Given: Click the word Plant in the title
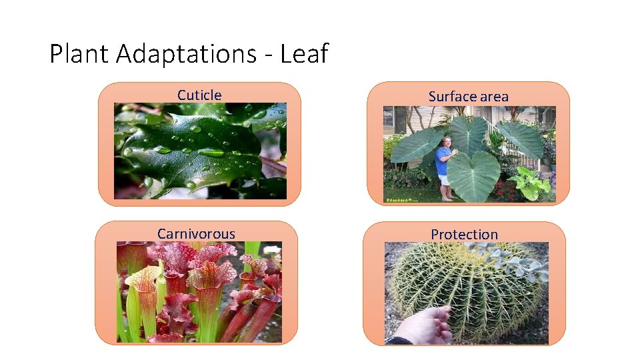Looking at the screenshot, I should (x=79, y=54).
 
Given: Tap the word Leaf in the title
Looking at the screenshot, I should (x=304, y=54).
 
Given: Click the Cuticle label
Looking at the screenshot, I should (x=199, y=95).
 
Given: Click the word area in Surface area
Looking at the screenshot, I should (x=494, y=97).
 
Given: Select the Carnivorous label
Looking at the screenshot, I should (x=196, y=234).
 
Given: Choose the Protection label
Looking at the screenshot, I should (x=464, y=235).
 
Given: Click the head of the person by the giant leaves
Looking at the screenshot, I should (x=445, y=142).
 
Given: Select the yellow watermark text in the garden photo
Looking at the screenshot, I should (x=400, y=199).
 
